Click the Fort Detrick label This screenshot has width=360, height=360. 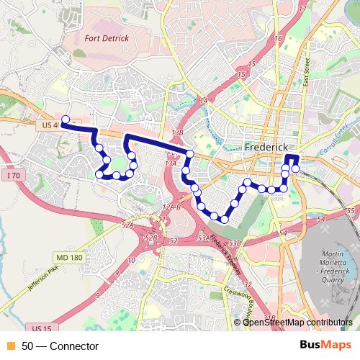pyautogui.click(x=106, y=37)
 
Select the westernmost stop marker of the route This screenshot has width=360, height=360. pyautogui.click(x=65, y=120)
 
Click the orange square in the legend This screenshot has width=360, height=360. pyautogui.click(x=10, y=346)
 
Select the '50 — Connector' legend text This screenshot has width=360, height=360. pyautogui.click(x=60, y=346)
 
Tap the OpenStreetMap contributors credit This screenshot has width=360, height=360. pyautogui.click(x=297, y=322)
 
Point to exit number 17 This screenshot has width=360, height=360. pyautogui.click(x=302, y=9)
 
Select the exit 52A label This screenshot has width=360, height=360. pyautogui.click(x=128, y=225)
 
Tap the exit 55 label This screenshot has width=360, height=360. pyautogui.click(x=351, y=210)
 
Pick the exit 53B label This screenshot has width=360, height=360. pyautogui.click(x=235, y=243)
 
